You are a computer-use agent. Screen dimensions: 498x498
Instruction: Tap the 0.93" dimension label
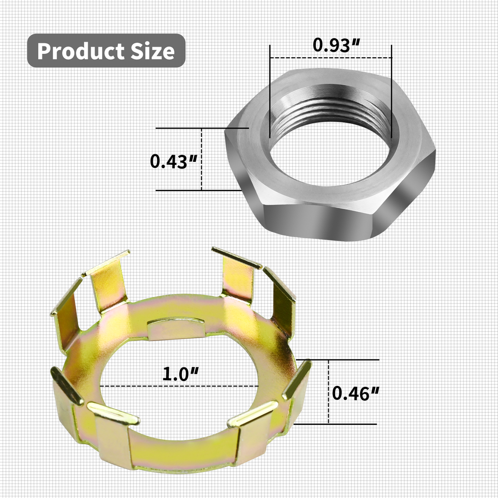pos(337,45)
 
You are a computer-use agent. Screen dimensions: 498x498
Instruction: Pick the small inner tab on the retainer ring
pos(176,329)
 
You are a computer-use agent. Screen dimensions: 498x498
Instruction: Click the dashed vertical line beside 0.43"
pos(201,159)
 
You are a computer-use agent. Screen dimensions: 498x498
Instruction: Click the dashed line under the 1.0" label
pos(179,385)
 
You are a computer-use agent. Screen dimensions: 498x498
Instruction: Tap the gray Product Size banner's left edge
pos(29,51)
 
